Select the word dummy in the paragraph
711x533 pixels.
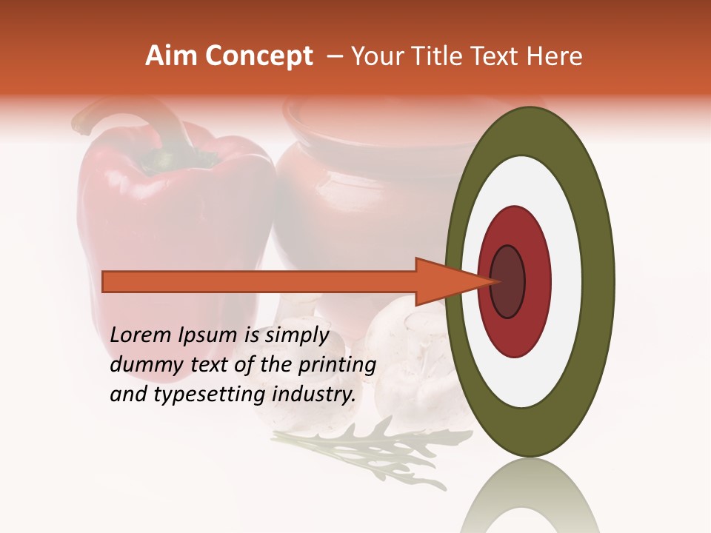tap(141, 365)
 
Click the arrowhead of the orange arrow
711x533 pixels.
tap(444, 281)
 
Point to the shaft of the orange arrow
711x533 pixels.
tap(259, 281)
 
